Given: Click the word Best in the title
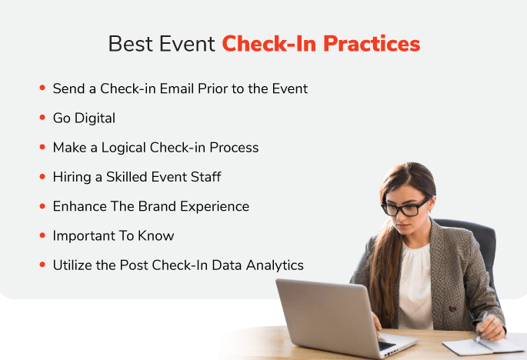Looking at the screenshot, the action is click(x=131, y=44).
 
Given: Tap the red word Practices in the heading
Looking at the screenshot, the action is click(x=372, y=44).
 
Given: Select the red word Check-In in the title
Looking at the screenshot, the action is click(x=269, y=44).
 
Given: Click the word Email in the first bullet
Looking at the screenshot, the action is click(x=176, y=88).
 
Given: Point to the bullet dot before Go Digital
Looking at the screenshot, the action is click(x=42, y=118).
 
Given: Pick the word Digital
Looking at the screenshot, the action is click(x=95, y=118).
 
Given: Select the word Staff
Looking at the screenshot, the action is click(x=206, y=177).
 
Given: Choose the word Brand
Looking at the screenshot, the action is click(x=157, y=206).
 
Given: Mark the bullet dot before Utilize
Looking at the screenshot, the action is click(x=42, y=265).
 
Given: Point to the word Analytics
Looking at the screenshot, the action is click(x=275, y=266).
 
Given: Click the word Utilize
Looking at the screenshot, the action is click(x=72, y=265).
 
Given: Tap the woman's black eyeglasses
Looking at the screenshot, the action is click(x=405, y=207).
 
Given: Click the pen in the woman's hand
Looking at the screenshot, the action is click(x=481, y=327).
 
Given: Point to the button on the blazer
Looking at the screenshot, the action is click(x=452, y=307).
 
